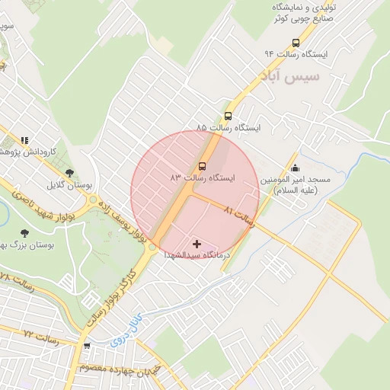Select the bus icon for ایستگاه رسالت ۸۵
pos(229,116)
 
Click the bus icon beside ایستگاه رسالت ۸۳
pos(203,165)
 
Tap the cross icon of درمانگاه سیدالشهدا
pos(198,244)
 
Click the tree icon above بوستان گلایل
pos(70,174)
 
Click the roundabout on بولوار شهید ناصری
pos(94,202)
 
